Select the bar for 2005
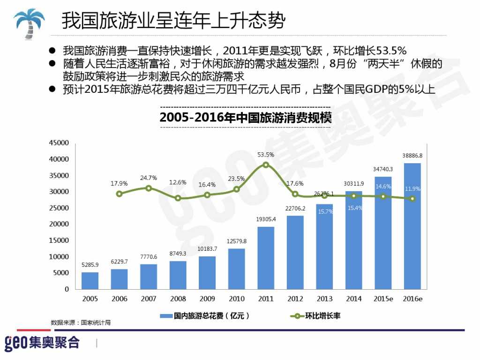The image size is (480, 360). pyautogui.click(x=90, y=280)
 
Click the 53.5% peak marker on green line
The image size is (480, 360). pyautogui.click(x=266, y=165)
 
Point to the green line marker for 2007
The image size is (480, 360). pyautogui.click(x=149, y=188)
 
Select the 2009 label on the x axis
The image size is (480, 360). pyautogui.click(x=207, y=299)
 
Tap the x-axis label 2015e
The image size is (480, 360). pyautogui.click(x=382, y=299)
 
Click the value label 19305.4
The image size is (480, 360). pyautogui.click(x=266, y=219)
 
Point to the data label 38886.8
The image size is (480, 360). pyautogui.click(x=412, y=155)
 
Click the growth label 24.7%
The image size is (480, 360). pyautogui.click(x=149, y=178)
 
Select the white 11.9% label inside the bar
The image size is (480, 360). pyautogui.click(x=412, y=189)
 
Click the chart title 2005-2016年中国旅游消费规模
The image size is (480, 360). pyautogui.click(x=245, y=117)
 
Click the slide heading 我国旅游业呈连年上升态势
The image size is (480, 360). pyautogui.click(x=173, y=21)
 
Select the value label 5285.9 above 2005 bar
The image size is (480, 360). pyautogui.click(x=90, y=265)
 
